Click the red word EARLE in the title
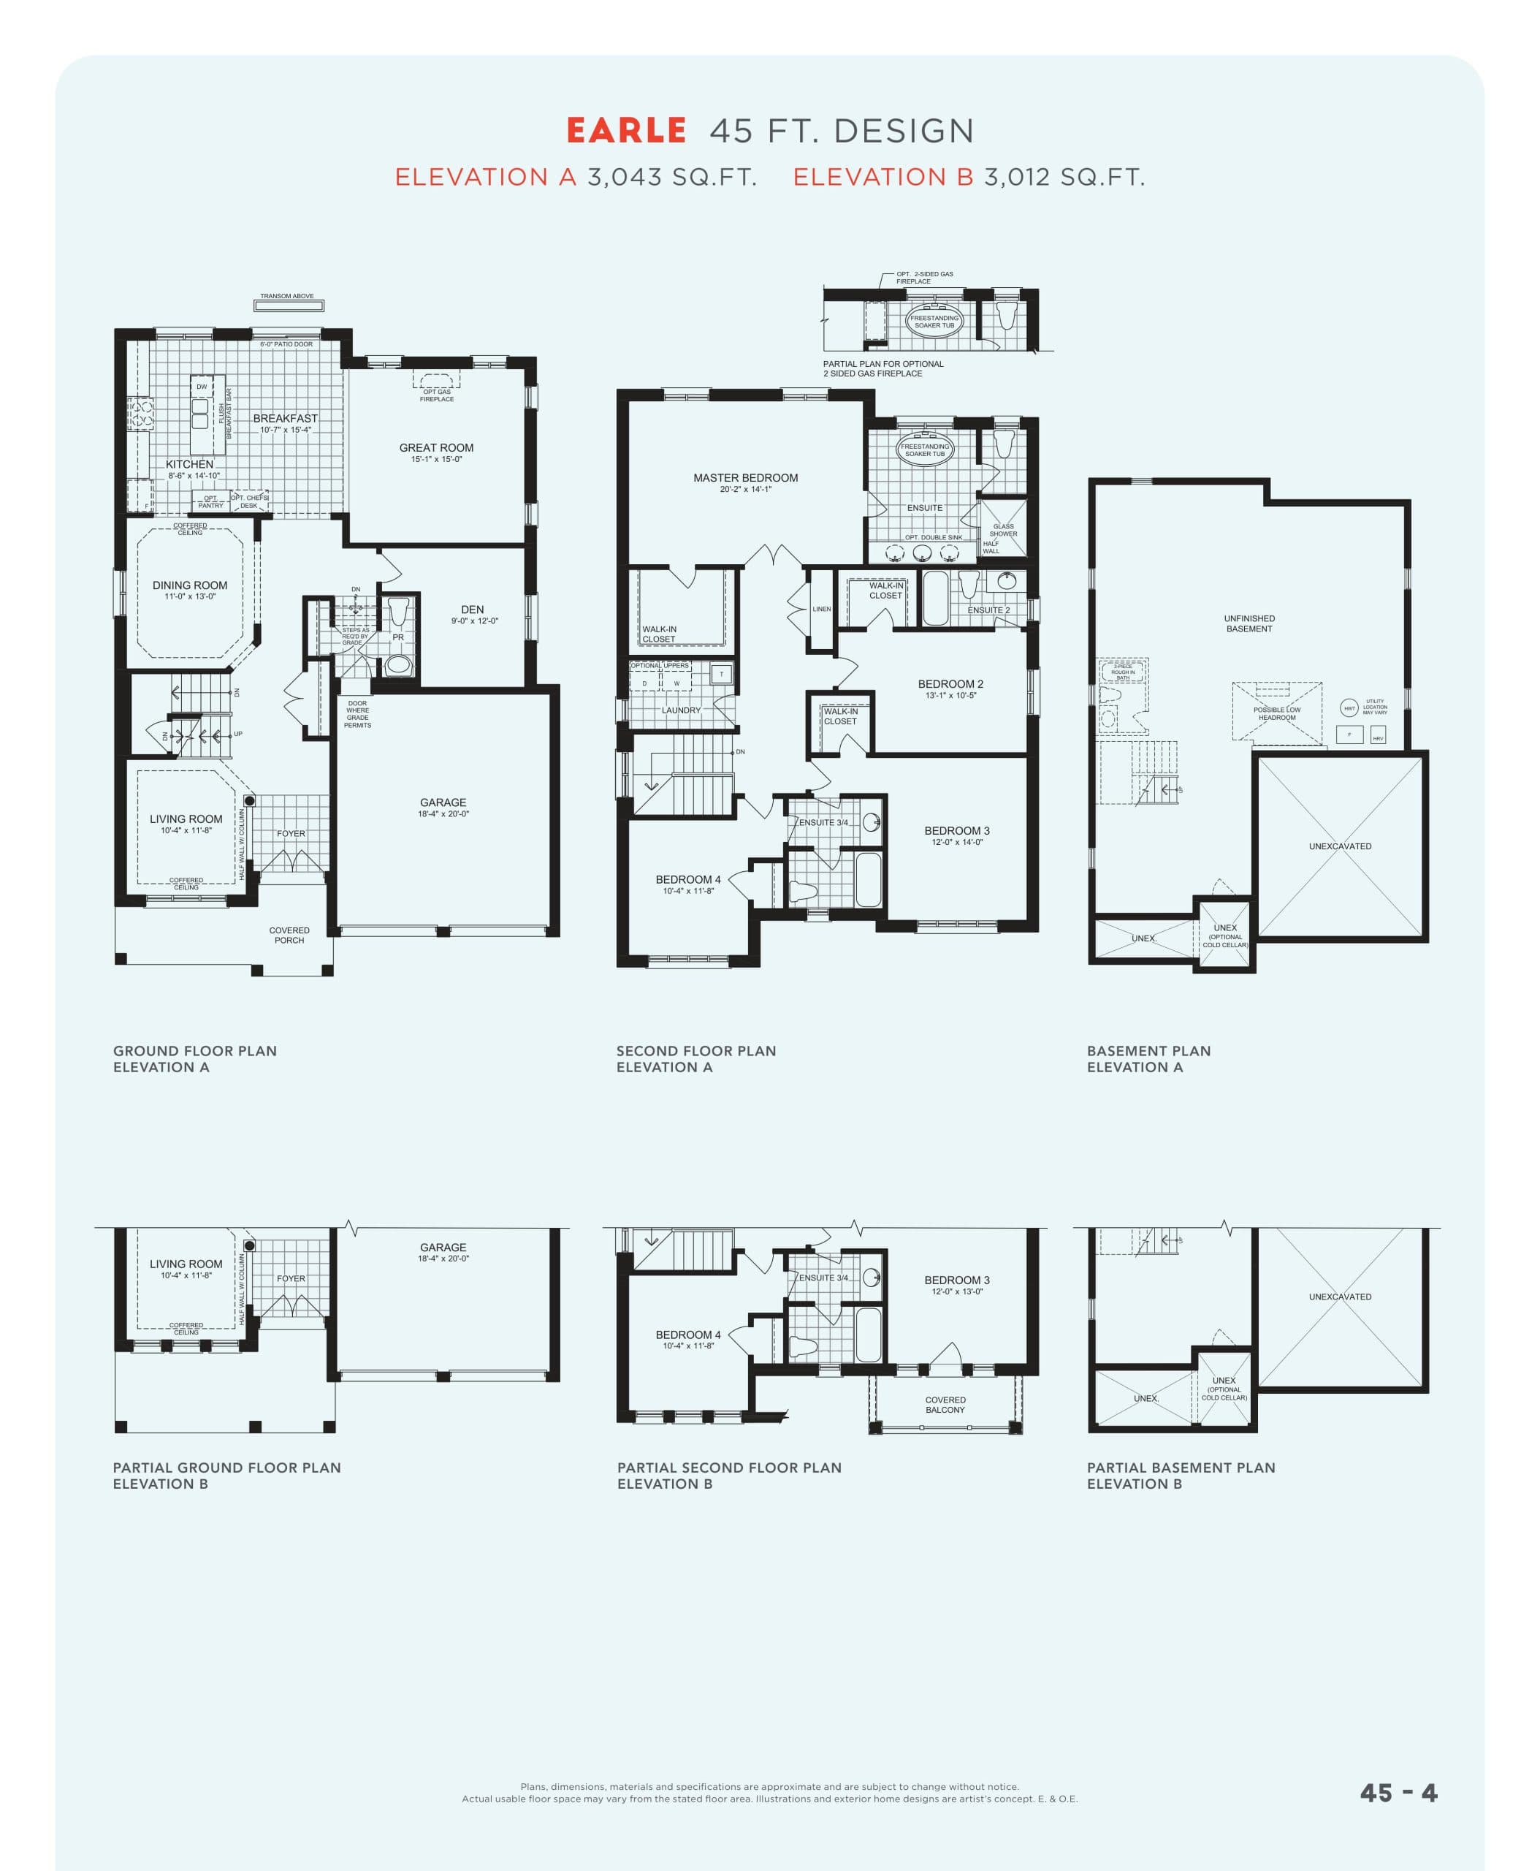pos(626,131)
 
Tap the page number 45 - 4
pos(1398,1793)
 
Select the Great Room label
pos(436,448)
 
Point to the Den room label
pos(472,610)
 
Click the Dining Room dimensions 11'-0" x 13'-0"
pos(190,597)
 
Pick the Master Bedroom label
pos(745,477)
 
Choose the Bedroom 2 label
pos(950,684)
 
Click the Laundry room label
pos(680,710)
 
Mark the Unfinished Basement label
pos(1249,623)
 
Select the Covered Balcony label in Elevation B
pos(945,1404)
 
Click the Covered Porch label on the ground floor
pos(289,935)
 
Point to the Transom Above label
pos(286,297)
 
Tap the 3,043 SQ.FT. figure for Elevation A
pos(671,178)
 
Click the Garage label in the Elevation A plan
pos(443,802)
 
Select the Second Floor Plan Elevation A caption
pos(695,1059)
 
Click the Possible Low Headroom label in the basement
pos(1276,713)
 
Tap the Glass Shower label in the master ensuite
pos(1003,530)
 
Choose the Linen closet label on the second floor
pos(821,609)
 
